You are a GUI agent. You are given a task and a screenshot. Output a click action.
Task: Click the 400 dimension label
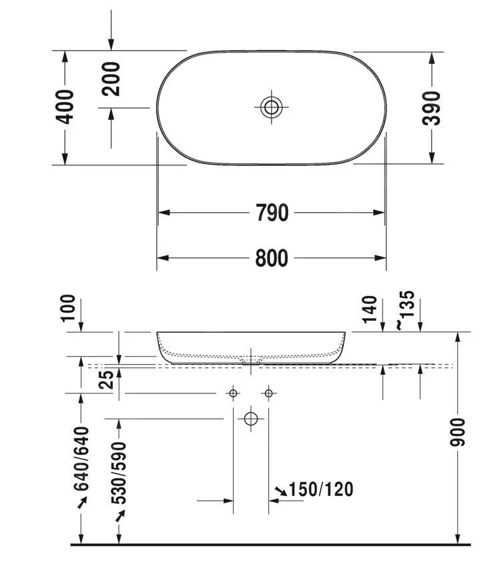(x=65, y=106)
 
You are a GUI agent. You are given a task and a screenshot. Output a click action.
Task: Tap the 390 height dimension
(x=433, y=107)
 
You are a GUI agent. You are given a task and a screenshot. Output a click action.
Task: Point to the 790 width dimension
(x=272, y=213)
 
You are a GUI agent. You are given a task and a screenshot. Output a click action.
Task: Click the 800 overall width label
(x=272, y=258)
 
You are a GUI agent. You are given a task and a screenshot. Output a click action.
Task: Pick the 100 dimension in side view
(x=69, y=308)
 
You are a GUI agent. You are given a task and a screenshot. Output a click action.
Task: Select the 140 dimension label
(x=370, y=308)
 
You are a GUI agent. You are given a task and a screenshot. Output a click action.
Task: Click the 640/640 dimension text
(x=81, y=459)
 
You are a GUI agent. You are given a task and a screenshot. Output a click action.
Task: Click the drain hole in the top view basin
(x=272, y=106)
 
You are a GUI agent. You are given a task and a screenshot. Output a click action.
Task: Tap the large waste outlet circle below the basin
(x=251, y=419)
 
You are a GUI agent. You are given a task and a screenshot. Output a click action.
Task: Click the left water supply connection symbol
(x=233, y=393)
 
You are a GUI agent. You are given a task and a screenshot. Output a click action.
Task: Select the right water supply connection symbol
(x=268, y=393)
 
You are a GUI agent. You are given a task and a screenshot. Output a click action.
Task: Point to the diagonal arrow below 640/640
(x=82, y=503)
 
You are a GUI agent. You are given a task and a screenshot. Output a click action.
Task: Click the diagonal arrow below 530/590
(x=120, y=515)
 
